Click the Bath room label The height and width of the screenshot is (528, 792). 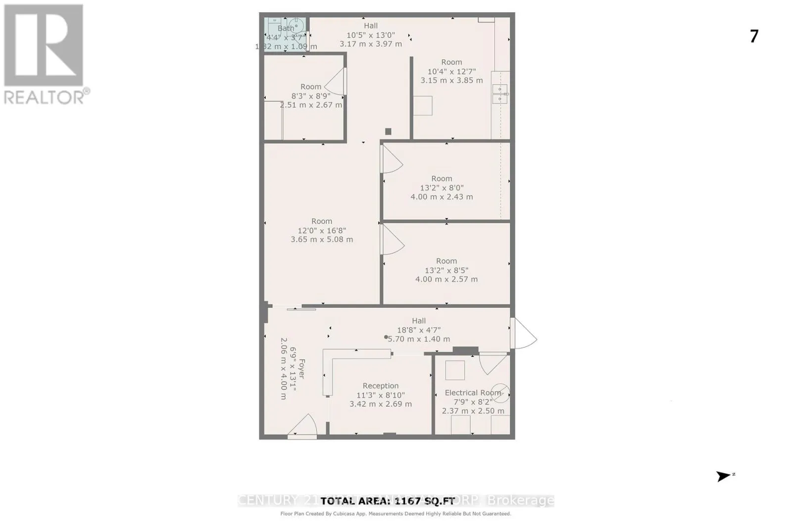tap(286, 28)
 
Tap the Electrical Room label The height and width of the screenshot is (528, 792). tap(473, 392)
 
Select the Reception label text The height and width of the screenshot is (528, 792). tap(380, 385)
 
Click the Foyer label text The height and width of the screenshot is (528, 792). tap(301, 369)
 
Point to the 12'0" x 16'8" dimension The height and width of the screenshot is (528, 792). tap(322, 230)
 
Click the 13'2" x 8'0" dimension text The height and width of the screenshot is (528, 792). tap(442, 188)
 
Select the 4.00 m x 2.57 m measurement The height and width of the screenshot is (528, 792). tap(446, 279)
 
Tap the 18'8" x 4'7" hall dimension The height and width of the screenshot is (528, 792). tap(418, 330)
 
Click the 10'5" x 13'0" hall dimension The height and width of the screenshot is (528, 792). tap(370, 35)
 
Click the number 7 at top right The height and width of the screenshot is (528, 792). tap(754, 36)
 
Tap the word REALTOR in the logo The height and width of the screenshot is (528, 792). tap(45, 97)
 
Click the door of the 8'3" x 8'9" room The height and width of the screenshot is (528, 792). tap(337, 82)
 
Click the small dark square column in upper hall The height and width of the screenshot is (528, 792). tap(388, 131)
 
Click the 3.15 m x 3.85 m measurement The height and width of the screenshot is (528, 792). tap(451, 80)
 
